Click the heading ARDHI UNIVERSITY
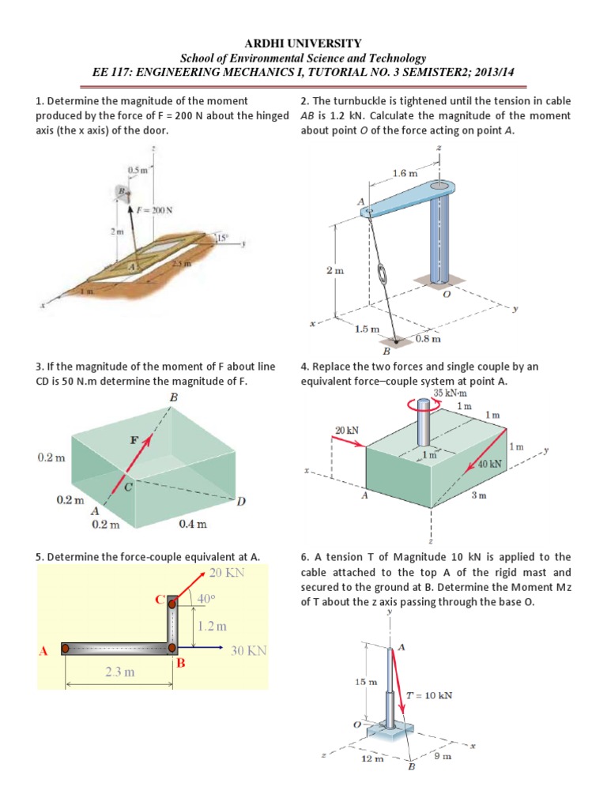(x=303, y=43)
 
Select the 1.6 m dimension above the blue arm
(x=405, y=172)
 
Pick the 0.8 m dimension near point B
(x=428, y=339)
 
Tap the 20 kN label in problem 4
(x=348, y=431)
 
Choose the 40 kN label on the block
(x=490, y=464)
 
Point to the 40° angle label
(x=207, y=600)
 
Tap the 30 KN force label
(x=249, y=651)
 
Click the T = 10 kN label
(x=429, y=696)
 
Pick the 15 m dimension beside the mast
(x=367, y=681)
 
